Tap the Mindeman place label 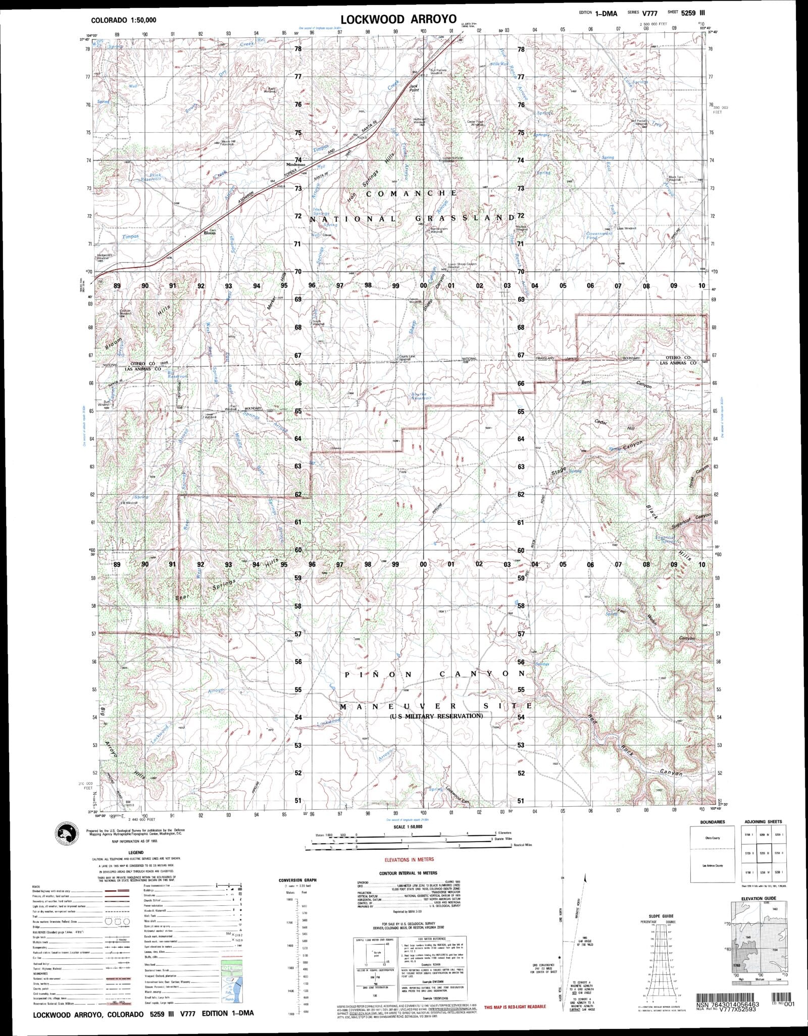(x=296, y=165)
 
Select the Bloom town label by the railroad (x=209, y=233)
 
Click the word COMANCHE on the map (x=412, y=193)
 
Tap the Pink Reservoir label (x=151, y=177)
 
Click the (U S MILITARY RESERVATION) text (x=436, y=716)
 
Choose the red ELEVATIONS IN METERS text (x=409, y=859)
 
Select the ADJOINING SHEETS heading (x=761, y=821)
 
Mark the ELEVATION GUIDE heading (x=759, y=898)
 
